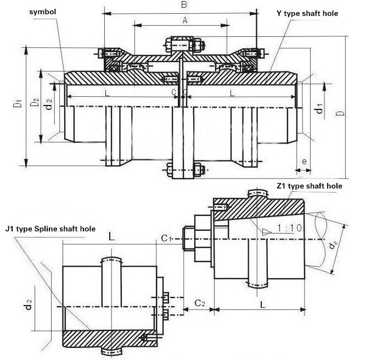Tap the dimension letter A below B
pos(184,20)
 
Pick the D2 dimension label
pos(34,103)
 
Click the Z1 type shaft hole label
pos(310,186)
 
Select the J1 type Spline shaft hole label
pos(50,229)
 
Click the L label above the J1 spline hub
pos(111,237)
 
